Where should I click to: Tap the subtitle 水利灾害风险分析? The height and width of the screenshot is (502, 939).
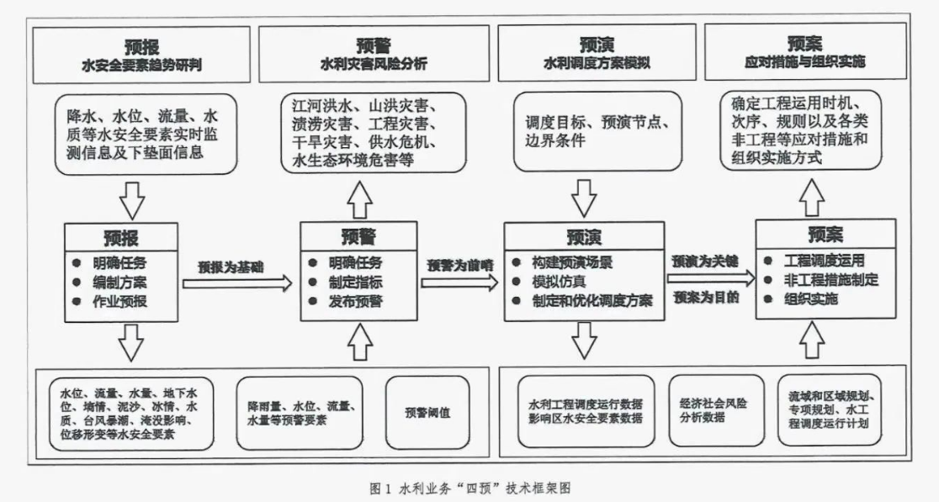pyautogui.click(x=374, y=64)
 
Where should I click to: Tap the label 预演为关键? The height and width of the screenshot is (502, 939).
pyautogui.click(x=704, y=261)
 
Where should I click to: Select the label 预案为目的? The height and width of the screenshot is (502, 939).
pyautogui.click(x=704, y=297)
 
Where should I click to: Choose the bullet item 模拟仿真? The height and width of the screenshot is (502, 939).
pyautogui.click(x=559, y=281)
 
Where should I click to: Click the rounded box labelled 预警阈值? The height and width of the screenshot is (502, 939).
pyautogui.click(x=428, y=412)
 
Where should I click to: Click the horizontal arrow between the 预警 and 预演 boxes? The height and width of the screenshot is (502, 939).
pyautogui.click(x=459, y=282)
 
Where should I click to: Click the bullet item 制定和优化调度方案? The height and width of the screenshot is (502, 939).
pyautogui.click(x=588, y=300)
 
